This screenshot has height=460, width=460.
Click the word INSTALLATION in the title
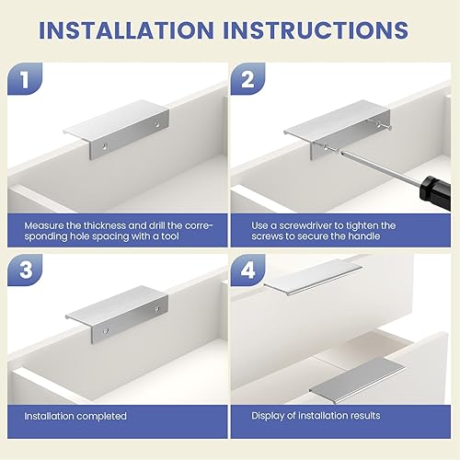click(x=126, y=30)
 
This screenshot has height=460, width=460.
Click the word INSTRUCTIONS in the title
click(x=316, y=30)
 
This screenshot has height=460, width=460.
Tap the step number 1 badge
click(x=25, y=78)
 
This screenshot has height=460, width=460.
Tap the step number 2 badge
click(x=247, y=78)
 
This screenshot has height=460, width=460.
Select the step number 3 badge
click(x=25, y=270)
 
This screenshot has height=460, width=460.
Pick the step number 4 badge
click(x=247, y=270)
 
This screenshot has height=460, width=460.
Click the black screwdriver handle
click(x=435, y=192)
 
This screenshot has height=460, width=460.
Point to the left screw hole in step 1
click(x=105, y=146)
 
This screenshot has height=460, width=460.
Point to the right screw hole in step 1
click(x=157, y=124)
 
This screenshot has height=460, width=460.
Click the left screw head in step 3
click(x=106, y=330)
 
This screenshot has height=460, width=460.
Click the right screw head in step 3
click(x=157, y=308)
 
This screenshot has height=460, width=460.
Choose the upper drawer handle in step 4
click(x=313, y=277)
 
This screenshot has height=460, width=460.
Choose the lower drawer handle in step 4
click(x=358, y=380)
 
